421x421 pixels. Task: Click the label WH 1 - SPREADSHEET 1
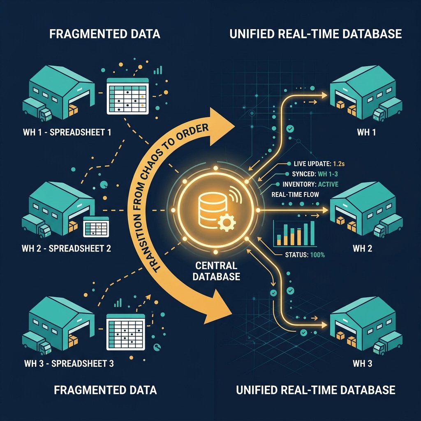(x=67, y=132)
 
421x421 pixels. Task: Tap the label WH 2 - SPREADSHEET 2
(x=66, y=248)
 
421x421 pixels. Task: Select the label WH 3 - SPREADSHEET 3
(x=69, y=363)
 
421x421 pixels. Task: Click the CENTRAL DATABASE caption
(x=216, y=271)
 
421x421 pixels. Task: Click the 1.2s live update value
(x=339, y=164)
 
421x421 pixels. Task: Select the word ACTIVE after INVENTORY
(x=328, y=184)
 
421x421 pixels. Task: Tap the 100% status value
(x=317, y=255)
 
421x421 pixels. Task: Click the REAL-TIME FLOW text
(x=295, y=194)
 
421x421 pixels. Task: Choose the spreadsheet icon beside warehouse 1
(x=127, y=96)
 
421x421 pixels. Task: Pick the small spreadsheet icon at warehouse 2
(x=96, y=227)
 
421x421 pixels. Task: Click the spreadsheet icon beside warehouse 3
(x=126, y=332)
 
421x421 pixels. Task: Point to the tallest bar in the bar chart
(x=312, y=233)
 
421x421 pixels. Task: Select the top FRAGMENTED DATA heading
(x=105, y=34)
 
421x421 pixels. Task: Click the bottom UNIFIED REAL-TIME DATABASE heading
(x=315, y=390)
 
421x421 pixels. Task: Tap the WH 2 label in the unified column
(x=363, y=248)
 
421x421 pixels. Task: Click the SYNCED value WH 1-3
(x=328, y=174)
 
